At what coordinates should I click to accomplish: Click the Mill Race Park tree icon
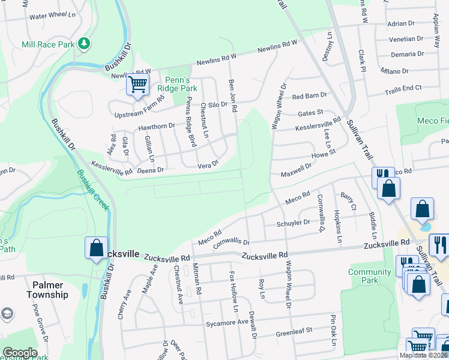coord(85,44)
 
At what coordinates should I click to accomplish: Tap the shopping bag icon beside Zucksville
coord(96,248)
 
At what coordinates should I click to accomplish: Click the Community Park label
coord(369,276)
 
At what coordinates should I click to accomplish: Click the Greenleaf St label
coord(294,331)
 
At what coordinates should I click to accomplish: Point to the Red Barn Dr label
coord(309,96)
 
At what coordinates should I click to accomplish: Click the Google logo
coord(20,353)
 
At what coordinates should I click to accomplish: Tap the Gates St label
coord(310,112)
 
